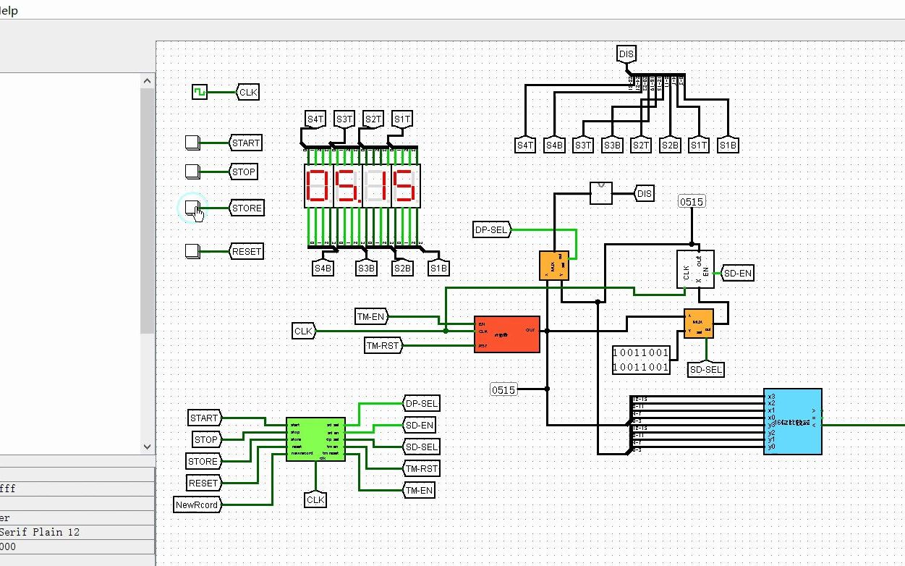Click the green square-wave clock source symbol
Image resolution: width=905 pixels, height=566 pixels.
tap(200, 92)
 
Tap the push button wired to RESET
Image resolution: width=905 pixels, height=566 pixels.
tap(192, 251)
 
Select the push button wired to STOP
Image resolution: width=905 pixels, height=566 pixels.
tap(192, 172)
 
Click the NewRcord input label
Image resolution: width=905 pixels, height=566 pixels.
tap(197, 504)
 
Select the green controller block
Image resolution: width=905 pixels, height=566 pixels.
tap(315, 439)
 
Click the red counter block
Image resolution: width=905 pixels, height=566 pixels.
tap(506, 334)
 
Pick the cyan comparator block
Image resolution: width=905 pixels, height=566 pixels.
tap(792, 421)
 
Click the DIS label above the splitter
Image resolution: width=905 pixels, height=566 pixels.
tap(626, 53)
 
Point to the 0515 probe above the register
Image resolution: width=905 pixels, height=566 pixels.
tap(691, 201)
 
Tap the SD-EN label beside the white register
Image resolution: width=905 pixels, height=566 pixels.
tap(738, 273)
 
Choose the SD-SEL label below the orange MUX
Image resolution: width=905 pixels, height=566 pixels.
tap(706, 369)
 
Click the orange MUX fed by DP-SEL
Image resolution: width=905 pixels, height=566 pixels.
tap(553, 266)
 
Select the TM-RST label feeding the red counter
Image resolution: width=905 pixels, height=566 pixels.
tap(383, 346)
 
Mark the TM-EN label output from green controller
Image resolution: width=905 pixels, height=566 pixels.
tap(420, 490)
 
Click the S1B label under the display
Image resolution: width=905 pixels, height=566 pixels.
tap(438, 269)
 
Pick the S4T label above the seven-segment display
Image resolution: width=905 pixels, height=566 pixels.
tap(315, 119)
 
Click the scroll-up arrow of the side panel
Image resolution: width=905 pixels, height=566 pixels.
tap(148, 81)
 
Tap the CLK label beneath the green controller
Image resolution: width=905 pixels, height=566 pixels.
tap(315, 499)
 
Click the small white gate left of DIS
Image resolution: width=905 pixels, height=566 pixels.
tap(600, 193)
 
